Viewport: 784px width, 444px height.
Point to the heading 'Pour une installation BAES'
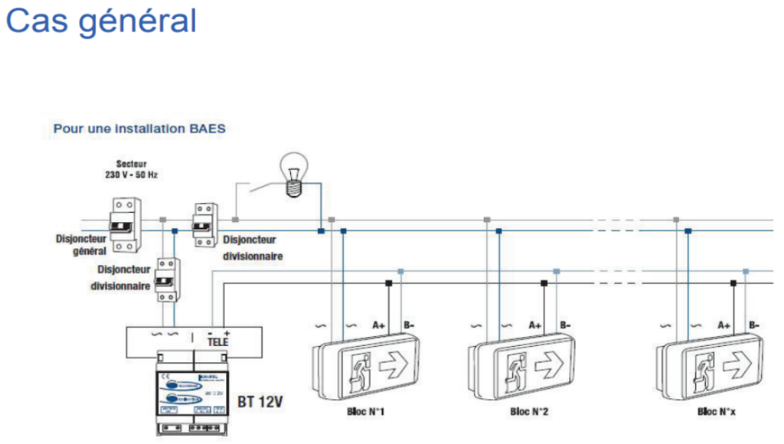[139, 128]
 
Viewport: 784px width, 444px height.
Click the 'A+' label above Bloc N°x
[724, 325]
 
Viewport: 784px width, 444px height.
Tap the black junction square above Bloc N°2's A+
[544, 283]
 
